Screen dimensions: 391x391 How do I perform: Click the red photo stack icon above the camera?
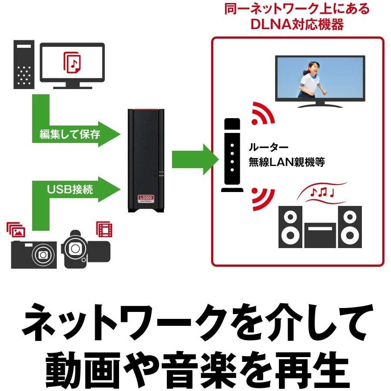tap(16, 230)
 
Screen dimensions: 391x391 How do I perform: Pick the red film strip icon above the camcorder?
tap(104, 229)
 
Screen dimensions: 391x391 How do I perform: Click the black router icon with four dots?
tap(232, 156)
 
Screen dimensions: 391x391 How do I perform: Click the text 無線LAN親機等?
tap(287, 162)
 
